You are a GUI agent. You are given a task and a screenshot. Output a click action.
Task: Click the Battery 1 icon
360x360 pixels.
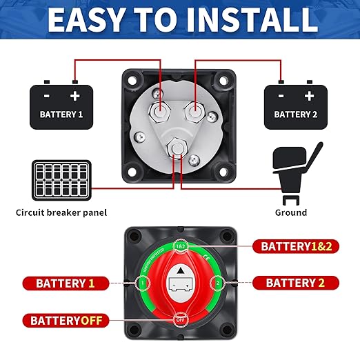[x=61, y=106]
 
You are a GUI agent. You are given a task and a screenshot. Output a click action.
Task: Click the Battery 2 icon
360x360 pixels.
[x=295, y=106]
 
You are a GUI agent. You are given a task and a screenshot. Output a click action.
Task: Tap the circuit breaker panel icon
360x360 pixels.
[x=61, y=179]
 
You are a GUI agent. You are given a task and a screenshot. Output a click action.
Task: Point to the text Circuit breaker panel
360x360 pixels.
[x=61, y=213]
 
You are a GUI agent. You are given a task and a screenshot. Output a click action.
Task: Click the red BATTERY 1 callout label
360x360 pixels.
[x=66, y=283]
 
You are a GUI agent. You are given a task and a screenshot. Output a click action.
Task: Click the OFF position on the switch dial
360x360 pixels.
[x=180, y=319]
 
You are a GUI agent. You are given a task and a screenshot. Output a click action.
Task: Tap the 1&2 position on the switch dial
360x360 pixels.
[x=180, y=246]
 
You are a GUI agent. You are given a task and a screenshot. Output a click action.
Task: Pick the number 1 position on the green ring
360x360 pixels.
[x=143, y=283]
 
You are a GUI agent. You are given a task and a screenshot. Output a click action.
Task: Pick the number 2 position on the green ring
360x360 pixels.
[x=217, y=283]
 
